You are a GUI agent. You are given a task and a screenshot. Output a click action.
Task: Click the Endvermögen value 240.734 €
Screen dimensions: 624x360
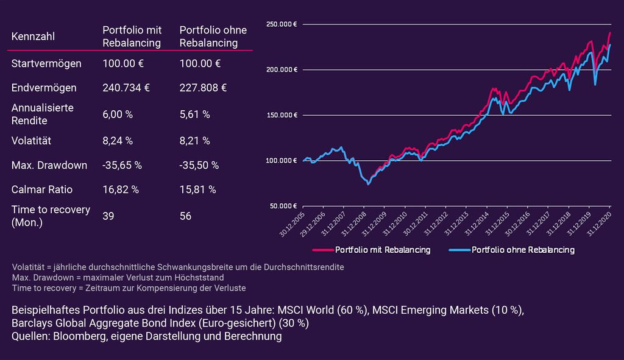(x=126, y=88)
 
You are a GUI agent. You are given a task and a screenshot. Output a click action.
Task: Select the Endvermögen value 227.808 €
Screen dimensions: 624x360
(x=203, y=88)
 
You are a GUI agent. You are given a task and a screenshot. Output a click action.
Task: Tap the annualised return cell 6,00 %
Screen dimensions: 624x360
(x=118, y=114)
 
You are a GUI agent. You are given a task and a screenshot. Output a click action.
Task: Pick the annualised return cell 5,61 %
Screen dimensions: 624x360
(x=194, y=114)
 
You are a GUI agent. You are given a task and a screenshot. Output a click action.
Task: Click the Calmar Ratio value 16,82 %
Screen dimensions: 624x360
(x=121, y=189)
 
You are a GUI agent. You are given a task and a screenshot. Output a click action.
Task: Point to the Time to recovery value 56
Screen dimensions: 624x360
(x=185, y=216)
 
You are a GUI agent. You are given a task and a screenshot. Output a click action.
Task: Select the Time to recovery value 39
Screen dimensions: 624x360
(x=108, y=216)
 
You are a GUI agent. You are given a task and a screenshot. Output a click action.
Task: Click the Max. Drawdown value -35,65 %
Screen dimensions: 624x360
(x=122, y=165)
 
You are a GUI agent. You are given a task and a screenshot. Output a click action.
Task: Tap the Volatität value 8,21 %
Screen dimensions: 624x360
(x=194, y=141)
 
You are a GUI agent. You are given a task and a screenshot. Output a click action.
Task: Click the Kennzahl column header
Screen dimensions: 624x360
(x=33, y=36)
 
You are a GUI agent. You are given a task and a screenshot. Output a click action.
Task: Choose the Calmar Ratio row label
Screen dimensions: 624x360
(x=42, y=189)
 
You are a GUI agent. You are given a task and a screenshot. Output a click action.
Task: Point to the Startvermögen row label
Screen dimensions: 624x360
(x=46, y=63)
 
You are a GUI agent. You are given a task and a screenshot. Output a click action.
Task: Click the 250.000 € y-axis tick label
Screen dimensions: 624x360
(x=282, y=24)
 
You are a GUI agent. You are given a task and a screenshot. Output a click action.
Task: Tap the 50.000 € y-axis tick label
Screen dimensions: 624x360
(x=283, y=206)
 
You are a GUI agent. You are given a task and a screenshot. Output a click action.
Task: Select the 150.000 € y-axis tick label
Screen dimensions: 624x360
(x=282, y=115)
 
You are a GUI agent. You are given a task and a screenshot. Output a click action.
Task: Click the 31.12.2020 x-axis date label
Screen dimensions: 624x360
(x=599, y=224)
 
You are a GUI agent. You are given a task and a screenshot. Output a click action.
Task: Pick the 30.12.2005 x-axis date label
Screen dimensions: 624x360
(x=292, y=224)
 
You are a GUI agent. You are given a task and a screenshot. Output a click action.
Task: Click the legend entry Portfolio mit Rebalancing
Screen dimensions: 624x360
(x=372, y=250)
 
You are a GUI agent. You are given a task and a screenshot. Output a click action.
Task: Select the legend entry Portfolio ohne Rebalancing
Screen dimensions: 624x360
(x=512, y=250)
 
